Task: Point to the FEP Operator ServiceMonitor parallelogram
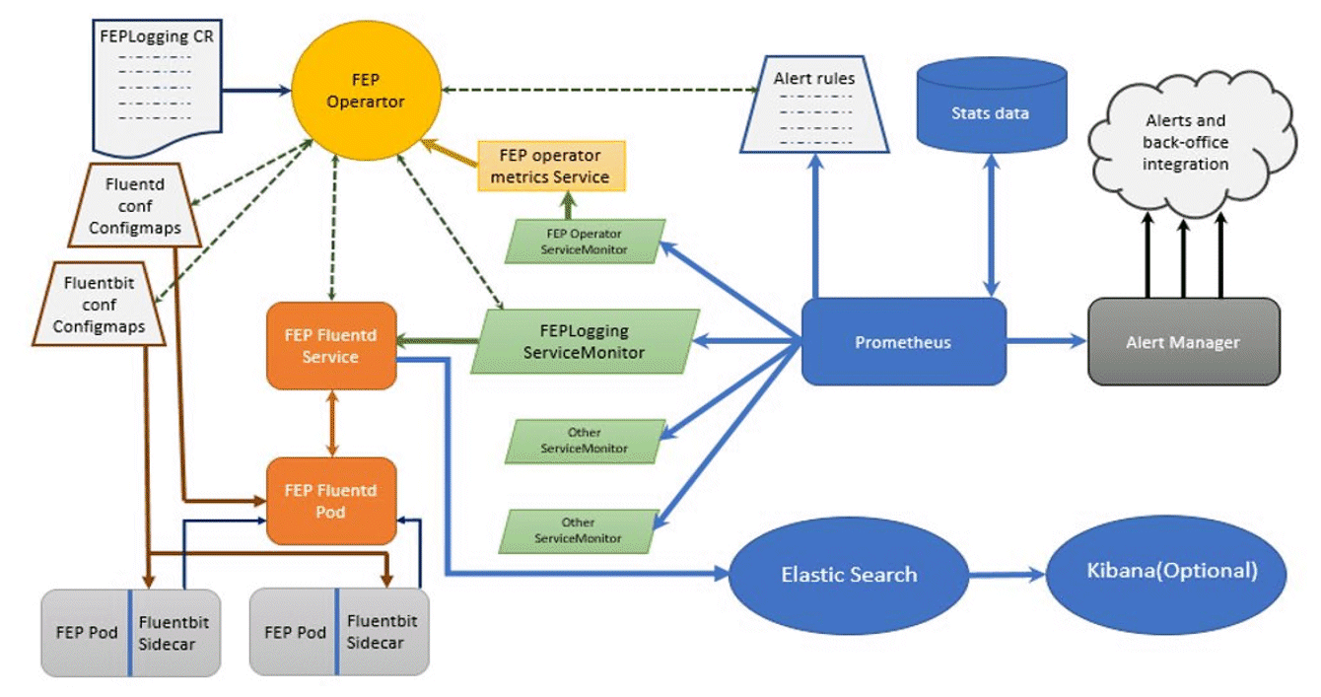click(585, 242)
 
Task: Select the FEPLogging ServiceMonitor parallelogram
click(586, 341)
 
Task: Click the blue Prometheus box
click(903, 342)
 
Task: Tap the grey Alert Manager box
click(1183, 341)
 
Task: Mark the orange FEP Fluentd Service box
click(331, 346)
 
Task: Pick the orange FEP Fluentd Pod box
click(331, 501)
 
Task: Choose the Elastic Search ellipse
click(849, 575)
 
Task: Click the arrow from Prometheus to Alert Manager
click(1046, 341)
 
